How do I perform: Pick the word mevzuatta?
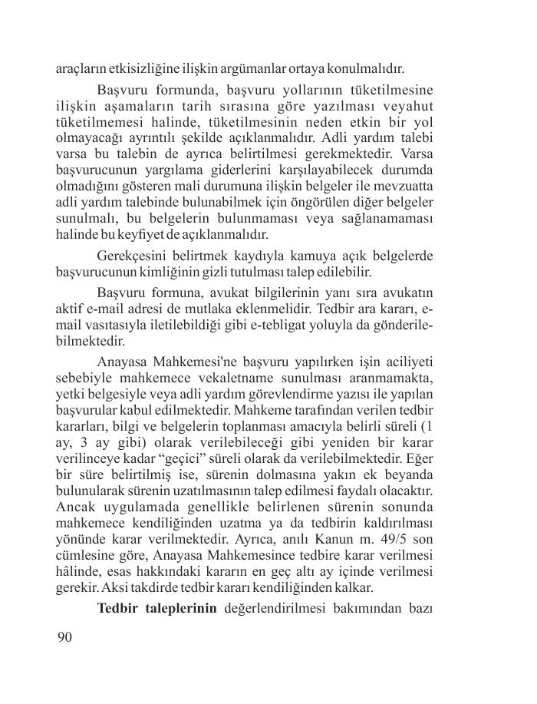tap(401, 187)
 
